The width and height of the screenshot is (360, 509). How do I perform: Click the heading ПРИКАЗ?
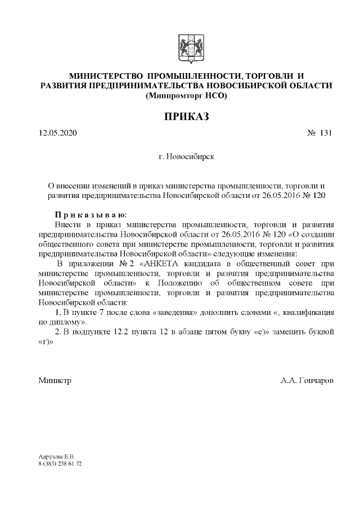click(x=186, y=116)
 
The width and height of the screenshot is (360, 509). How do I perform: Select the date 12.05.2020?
click(x=57, y=133)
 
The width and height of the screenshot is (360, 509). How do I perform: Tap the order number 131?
click(x=326, y=133)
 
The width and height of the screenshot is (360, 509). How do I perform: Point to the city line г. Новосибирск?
click(x=186, y=157)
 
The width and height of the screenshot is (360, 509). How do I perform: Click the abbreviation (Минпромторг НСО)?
click(x=186, y=96)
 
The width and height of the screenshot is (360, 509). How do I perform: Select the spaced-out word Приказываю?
click(x=91, y=214)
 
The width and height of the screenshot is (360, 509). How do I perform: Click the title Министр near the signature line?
click(x=55, y=381)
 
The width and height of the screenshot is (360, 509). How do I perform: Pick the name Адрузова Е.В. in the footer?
click(x=52, y=457)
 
